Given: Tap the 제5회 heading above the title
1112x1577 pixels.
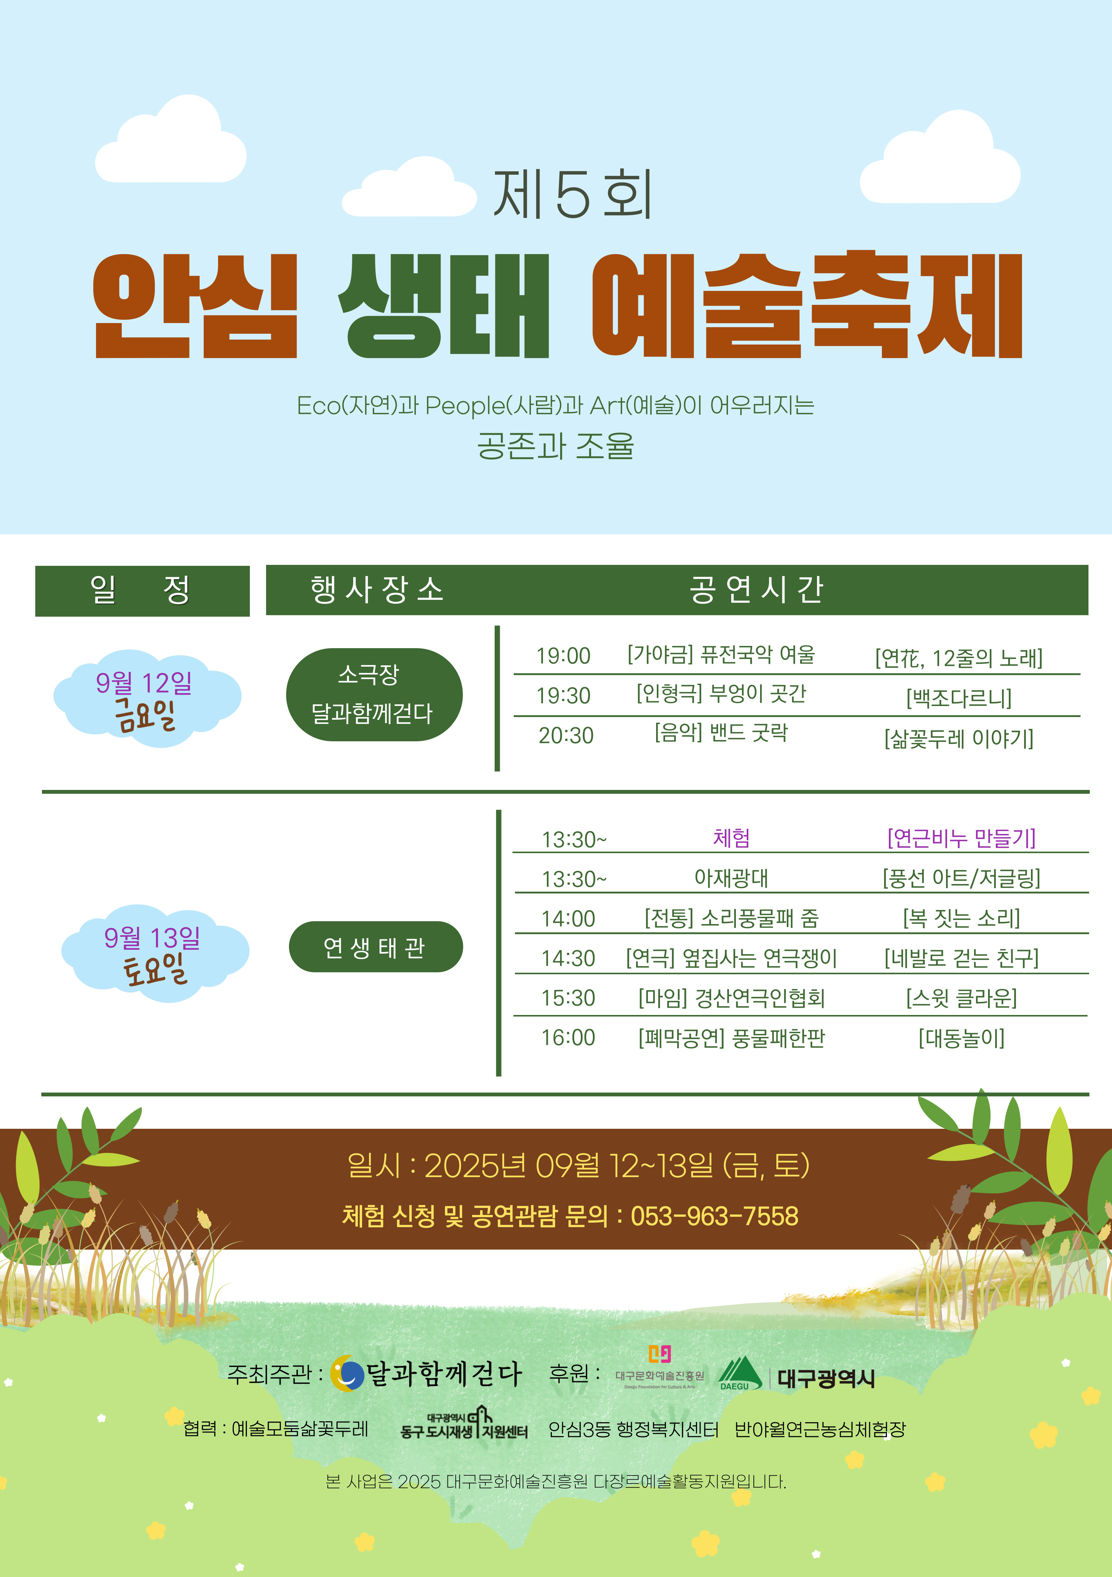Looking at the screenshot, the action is coord(572,195).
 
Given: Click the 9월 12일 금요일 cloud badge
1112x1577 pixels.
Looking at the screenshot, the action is coord(147,698).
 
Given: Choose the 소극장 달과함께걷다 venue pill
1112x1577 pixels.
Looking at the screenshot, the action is coord(374,694).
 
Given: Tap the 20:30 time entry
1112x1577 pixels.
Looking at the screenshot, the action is coord(566,736).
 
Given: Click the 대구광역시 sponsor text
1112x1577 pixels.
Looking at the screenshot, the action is coord(826,1378).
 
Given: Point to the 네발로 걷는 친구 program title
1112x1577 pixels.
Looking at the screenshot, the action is coord(962,958).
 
